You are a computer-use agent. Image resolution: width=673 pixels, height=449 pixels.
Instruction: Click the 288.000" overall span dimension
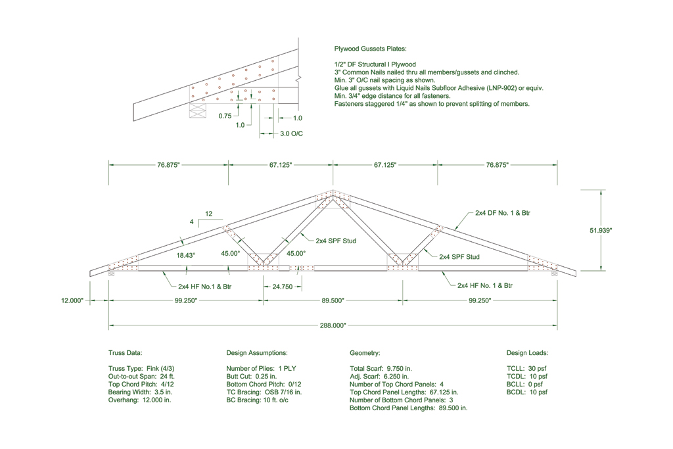(x=333, y=325)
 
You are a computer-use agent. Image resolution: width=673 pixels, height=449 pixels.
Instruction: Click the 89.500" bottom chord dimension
(x=333, y=300)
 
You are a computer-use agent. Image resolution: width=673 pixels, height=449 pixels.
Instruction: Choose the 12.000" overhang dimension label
(x=72, y=300)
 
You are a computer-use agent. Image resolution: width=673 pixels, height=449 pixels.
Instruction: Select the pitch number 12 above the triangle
(x=209, y=214)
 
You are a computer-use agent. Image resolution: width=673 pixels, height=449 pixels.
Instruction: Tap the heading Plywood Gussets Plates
(x=370, y=49)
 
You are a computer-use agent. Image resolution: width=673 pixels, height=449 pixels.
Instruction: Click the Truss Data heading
(x=125, y=353)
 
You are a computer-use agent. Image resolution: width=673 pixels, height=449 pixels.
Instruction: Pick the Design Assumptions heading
(x=256, y=353)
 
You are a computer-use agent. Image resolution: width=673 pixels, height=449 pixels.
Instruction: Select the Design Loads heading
(x=527, y=353)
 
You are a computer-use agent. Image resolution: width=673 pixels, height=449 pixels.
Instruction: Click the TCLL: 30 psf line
(x=526, y=368)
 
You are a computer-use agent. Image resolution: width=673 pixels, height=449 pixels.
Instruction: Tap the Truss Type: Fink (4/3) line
(x=141, y=368)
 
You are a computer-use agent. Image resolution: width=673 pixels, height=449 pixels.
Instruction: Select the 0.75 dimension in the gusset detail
(x=224, y=116)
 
